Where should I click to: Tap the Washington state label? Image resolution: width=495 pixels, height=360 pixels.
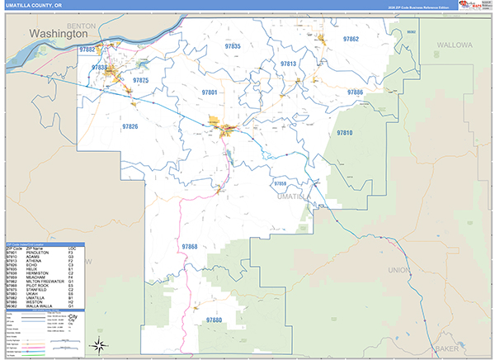pos(63,35)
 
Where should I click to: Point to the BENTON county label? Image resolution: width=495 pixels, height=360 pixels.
pos(83,26)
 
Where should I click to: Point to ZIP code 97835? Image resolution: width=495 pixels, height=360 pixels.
pos(232,46)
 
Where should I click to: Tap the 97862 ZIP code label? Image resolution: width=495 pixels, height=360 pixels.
pos(351,39)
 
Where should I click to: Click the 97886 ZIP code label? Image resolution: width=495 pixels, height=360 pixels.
pos(355,92)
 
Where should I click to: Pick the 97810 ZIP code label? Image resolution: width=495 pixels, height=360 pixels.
pos(344,132)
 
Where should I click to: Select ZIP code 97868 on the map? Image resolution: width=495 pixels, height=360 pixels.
pos(189,246)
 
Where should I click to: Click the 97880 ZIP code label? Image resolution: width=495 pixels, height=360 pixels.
pos(214,320)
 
